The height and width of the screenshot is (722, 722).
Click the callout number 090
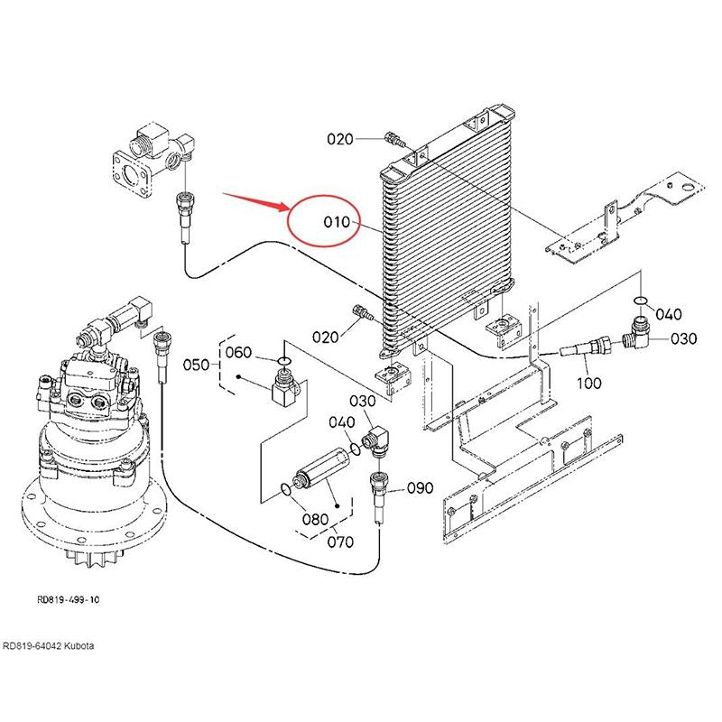coord(421,488)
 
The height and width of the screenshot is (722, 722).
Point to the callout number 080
coord(315,520)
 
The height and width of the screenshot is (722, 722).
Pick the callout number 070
coord(340,542)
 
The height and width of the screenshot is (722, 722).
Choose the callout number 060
coord(238,352)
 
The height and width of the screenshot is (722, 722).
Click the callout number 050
coord(197,366)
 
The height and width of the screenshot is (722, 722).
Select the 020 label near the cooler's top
coord(340,139)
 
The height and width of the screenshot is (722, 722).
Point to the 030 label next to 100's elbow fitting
coord(683,338)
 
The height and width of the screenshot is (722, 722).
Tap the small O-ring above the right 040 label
coord(640,300)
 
